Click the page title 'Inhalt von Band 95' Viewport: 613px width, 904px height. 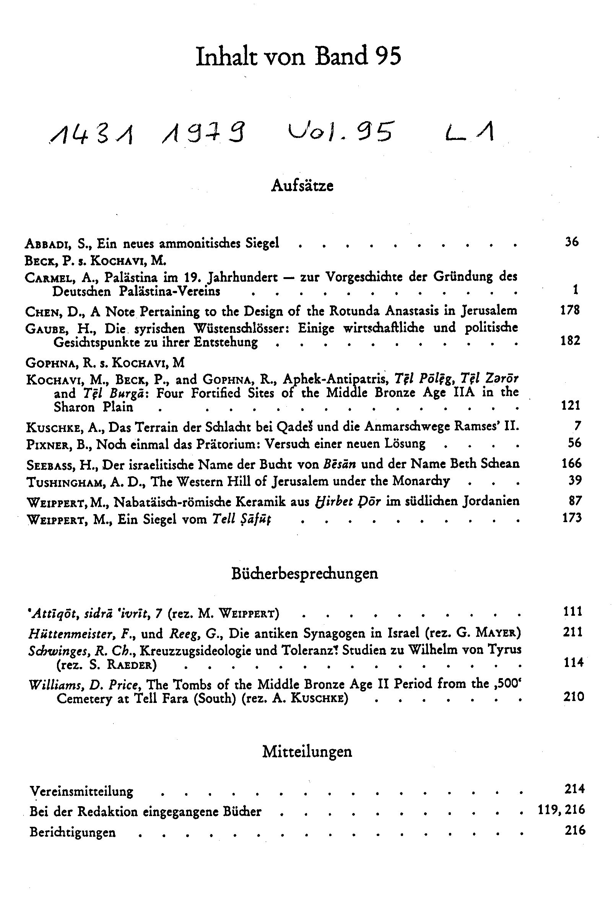tap(298, 57)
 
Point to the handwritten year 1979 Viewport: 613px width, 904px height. tap(204, 134)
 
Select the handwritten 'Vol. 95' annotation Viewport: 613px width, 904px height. tap(340, 133)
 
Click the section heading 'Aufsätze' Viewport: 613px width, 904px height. tap(302, 185)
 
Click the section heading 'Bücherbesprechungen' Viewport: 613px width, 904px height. tap(304, 574)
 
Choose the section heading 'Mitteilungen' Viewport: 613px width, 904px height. tap(307, 751)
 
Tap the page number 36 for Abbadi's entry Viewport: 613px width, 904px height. tap(572, 242)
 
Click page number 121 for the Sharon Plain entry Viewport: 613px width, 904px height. tap(570, 406)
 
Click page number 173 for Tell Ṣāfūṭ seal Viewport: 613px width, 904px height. tap(572, 518)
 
